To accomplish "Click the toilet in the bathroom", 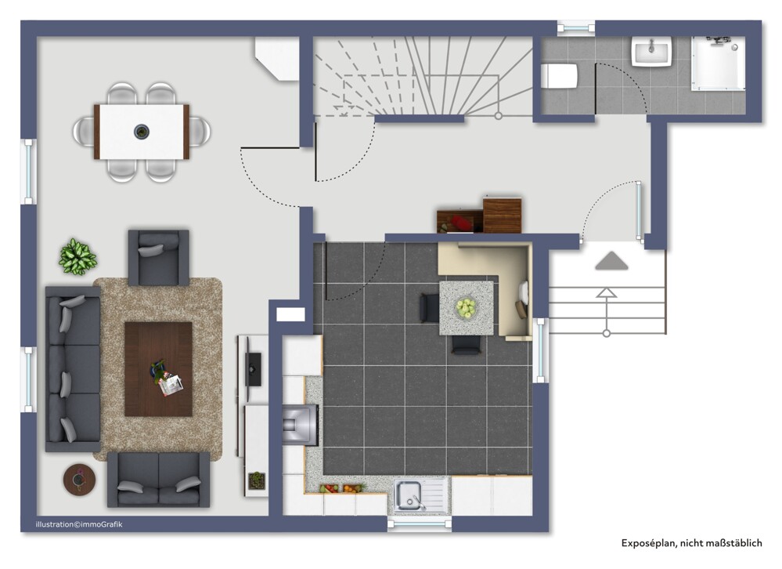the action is tap(560, 76).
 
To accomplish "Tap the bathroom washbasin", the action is tap(651, 51).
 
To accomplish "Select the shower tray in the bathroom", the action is tap(718, 63).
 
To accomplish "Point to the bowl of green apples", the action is tap(467, 307).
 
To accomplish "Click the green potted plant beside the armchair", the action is tap(77, 256).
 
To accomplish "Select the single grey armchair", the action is tap(159, 258).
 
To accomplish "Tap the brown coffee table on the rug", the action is tap(159, 369).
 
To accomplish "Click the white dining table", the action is tap(142, 132).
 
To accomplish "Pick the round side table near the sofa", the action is tap(79, 480).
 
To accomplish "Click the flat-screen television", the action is tap(253, 369).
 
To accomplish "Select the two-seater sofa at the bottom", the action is tap(159, 480).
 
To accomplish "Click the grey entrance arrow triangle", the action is tap(611, 261).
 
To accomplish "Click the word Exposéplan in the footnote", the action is tap(648, 543).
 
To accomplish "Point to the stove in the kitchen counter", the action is tap(301, 424).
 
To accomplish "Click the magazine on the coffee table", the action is tap(171, 385).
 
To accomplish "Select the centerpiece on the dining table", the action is tap(142, 132).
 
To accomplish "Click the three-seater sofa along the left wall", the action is tap(73, 369).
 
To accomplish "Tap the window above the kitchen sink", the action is tap(420, 524).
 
